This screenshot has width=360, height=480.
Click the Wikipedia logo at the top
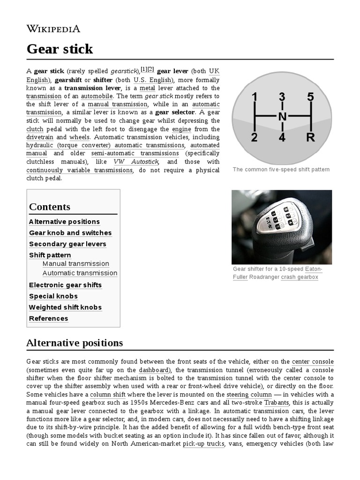[53, 29]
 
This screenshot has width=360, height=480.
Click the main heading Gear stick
[60, 49]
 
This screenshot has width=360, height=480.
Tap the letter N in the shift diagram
[282, 117]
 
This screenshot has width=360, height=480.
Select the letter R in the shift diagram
[310, 138]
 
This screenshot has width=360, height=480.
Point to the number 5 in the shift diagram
[310, 97]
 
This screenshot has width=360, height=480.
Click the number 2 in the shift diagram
[254, 138]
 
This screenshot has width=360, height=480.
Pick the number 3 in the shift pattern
[282, 97]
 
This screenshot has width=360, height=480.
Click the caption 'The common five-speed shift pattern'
[281, 169]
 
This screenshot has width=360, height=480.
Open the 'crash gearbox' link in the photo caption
[300, 277]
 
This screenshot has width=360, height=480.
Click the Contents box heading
[50, 207]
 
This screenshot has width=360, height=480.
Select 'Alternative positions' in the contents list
[64, 222]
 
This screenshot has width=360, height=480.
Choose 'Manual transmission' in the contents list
[75, 264]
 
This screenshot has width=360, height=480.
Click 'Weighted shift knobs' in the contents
[65, 307]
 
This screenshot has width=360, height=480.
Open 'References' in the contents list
[48, 319]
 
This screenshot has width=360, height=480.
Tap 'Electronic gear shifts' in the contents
[65, 285]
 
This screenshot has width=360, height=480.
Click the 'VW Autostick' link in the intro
[136, 162]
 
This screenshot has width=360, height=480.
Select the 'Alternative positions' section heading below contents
[75, 343]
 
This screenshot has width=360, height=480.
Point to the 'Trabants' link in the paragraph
[277, 403]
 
